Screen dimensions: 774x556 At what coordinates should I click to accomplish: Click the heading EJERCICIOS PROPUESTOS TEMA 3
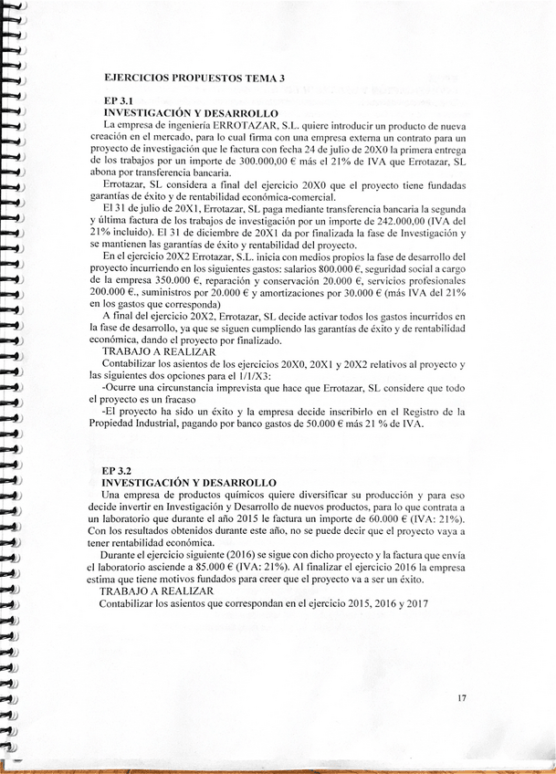pos(195,78)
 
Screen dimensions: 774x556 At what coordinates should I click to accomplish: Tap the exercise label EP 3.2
pos(119,468)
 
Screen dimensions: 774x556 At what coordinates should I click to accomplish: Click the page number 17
pos(461,698)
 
